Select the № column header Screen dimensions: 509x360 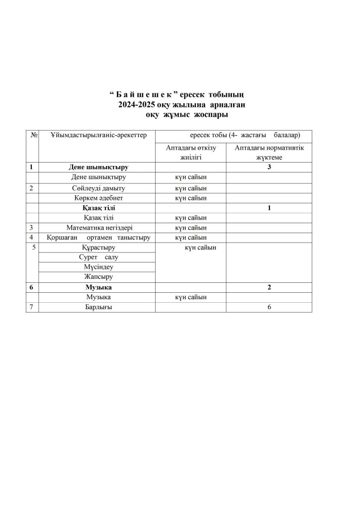point(34,135)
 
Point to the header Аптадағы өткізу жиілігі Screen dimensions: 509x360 point(191,153)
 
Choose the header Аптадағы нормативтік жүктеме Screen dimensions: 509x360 point(269,153)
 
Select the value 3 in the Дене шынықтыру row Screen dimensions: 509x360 point(269,167)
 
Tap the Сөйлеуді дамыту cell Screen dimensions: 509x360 point(98,188)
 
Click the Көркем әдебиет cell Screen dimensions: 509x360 point(98,198)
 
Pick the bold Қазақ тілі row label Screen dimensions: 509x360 point(98,208)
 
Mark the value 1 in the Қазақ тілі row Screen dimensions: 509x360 point(269,208)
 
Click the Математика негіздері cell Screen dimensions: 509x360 point(98,228)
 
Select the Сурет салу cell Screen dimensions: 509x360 point(98,257)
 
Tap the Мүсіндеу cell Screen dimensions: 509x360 point(98,267)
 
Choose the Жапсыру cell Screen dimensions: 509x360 point(98,277)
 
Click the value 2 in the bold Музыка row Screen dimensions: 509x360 point(269,287)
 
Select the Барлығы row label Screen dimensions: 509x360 point(98,307)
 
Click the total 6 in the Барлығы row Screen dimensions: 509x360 point(269,307)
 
